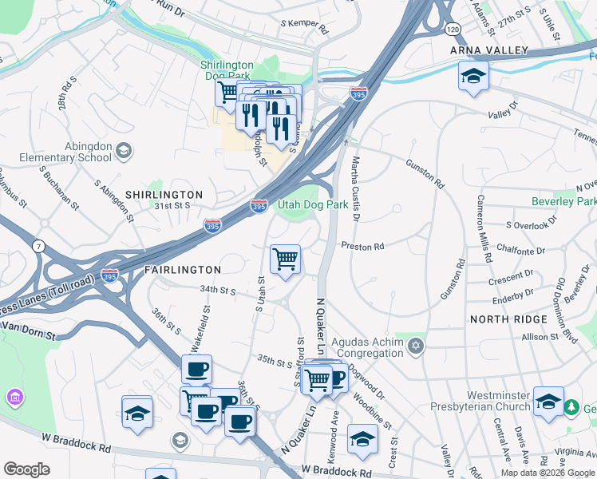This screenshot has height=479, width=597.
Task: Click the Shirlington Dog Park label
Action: point(226,70)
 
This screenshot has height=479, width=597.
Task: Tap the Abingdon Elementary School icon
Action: point(123,149)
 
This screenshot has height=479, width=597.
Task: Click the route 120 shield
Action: point(453,29)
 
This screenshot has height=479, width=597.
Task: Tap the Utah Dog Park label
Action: point(312,204)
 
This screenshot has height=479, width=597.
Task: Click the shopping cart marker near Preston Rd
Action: point(285,259)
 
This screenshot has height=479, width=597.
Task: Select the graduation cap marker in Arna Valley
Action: point(473,77)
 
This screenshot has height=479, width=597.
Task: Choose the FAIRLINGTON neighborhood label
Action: point(182,271)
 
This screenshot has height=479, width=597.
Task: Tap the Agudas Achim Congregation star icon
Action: point(414,346)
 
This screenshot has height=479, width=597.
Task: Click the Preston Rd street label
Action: point(362,247)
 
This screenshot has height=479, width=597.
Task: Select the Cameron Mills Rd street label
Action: point(481,228)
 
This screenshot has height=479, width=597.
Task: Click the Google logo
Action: point(26,469)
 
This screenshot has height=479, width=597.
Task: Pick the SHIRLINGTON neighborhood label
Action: point(164,195)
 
